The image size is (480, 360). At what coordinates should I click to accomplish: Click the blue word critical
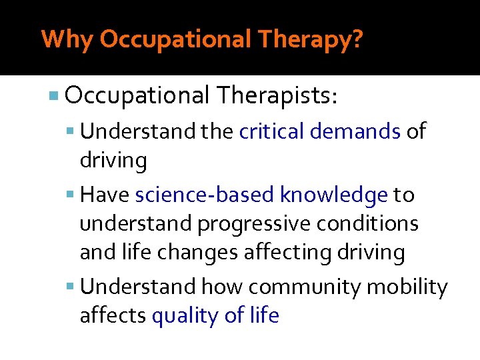[x=272, y=132]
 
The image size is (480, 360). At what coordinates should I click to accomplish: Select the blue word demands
[x=355, y=132]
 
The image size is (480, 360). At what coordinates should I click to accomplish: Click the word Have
[x=105, y=195]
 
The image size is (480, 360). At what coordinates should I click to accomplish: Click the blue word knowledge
[x=333, y=195]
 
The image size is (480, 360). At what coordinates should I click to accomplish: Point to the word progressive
[x=242, y=224]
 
